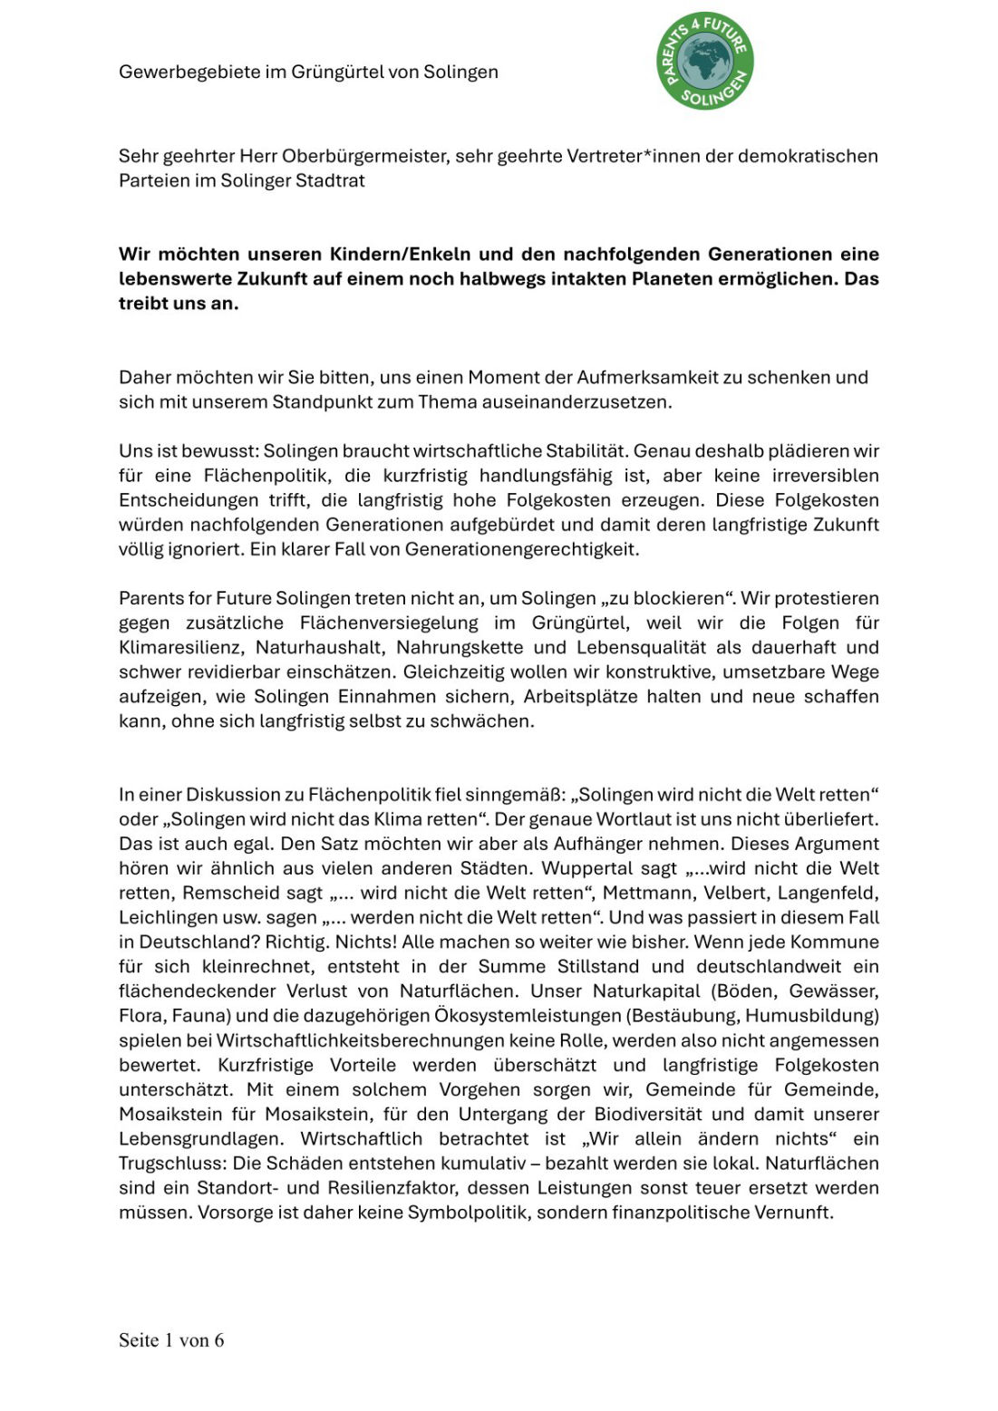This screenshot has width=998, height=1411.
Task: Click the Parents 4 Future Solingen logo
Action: pos(705,62)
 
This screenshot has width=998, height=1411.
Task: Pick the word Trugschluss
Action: pos(172,1164)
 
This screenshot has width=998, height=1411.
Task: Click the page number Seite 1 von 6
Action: pos(171,1340)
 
